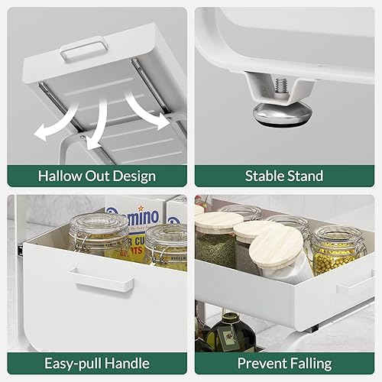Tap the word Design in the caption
134,176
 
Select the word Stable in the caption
264,176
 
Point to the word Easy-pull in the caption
73,364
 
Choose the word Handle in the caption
127,363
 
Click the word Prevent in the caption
261,363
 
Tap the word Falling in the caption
310,364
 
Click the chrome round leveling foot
283,115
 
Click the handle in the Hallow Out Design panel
84,49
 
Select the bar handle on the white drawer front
101,280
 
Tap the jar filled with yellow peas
338,251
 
